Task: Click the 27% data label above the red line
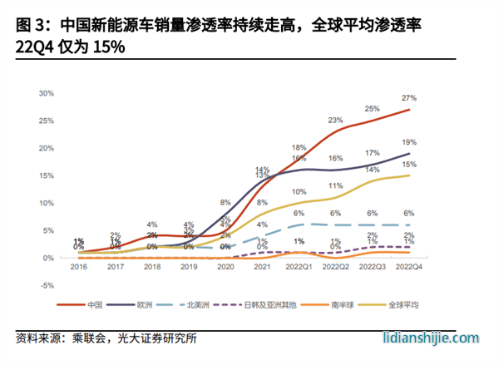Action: (409, 98)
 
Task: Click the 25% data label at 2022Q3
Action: (373, 109)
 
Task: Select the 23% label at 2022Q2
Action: (335, 121)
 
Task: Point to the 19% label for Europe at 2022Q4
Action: (409, 142)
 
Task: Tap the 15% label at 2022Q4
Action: (409, 165)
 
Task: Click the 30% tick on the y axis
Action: (47, 93)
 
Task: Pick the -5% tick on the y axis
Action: (48, 285)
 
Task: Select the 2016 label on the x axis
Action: (77, 268)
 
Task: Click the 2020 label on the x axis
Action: (225, 268)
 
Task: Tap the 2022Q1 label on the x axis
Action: (299, 268)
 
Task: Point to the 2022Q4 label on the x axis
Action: (409, 268)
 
